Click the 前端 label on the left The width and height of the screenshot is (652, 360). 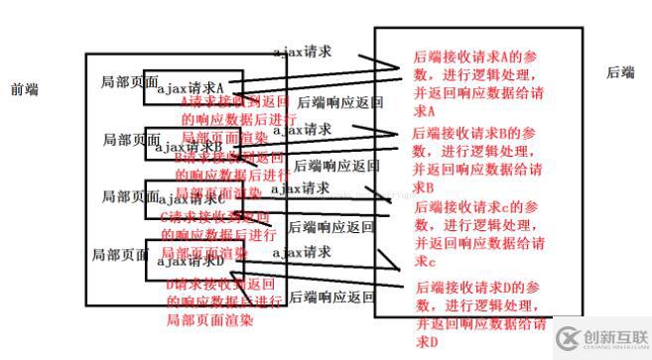[x=24, y=89]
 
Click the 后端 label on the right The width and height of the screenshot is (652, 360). [x=620, y=72]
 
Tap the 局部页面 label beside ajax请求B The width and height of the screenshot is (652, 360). [x=130, y=140]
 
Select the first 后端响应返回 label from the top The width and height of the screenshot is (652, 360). [x=340, y=102]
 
